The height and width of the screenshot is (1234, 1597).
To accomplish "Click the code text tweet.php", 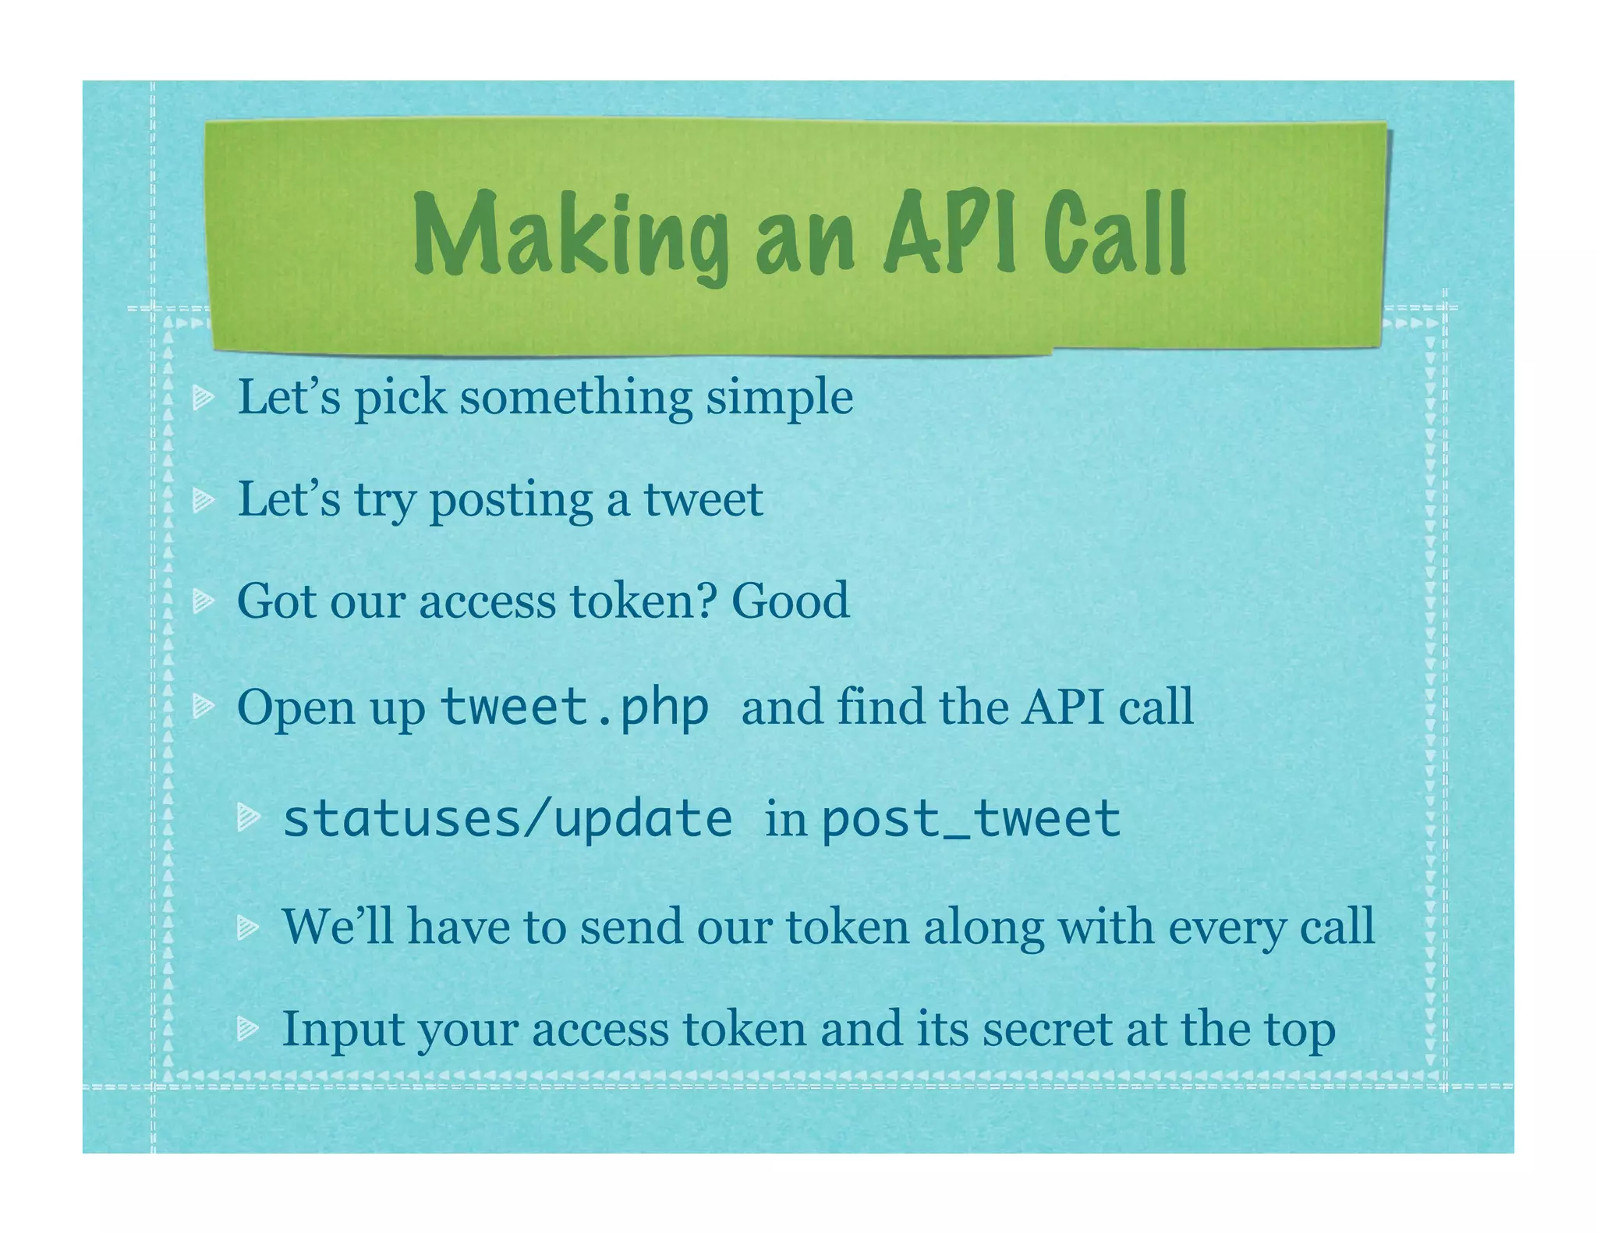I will [x=575, y=707].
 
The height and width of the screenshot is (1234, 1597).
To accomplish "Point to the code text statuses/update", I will [x=508, y=819].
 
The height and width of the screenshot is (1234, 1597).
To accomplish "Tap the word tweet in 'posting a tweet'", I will [x=703, y=499].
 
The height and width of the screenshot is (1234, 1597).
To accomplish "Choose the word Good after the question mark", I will [x=790, y=601].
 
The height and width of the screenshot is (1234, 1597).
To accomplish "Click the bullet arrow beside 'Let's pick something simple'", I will [x=204, y=399].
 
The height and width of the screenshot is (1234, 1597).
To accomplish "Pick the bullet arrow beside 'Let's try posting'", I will [x=204, y=500].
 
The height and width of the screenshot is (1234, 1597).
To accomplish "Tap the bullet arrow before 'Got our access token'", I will [x=204, y=601].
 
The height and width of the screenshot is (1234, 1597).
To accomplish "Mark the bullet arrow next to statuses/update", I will [x=249, y=817].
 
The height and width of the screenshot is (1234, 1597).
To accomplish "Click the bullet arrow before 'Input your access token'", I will [x=248, y=1029].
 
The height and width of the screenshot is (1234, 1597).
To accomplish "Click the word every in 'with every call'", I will [x=1227, y=928].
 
